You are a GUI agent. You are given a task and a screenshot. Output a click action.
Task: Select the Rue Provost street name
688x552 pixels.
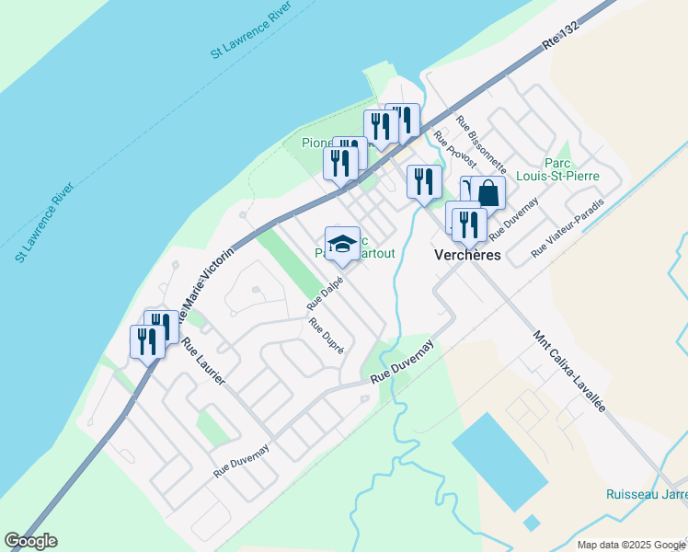(455, 149)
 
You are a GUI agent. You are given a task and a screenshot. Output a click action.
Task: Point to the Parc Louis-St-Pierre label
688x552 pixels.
(570, 167)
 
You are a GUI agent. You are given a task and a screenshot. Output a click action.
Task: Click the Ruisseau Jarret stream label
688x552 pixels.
(647, 494)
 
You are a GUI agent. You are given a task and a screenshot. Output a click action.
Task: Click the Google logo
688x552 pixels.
(30, 541)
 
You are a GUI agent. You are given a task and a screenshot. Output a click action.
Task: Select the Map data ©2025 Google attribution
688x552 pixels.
(632, 545)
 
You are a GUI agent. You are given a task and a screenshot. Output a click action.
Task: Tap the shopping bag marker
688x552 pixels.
(488, 194)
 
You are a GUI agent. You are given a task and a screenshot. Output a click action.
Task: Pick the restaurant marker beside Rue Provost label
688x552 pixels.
(423, 181)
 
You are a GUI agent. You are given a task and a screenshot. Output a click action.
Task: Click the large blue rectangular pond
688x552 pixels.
(499, 461)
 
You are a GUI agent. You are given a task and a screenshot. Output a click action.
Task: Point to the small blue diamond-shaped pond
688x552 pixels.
(531, 523)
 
